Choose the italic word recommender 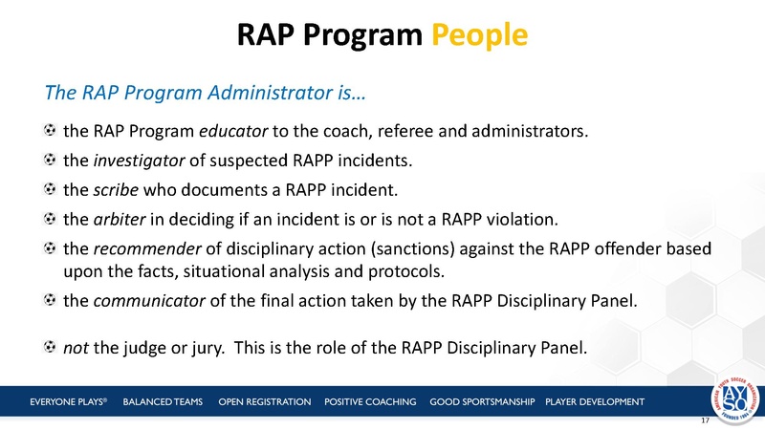142,249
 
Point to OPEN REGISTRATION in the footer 264,400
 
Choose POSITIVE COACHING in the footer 370,400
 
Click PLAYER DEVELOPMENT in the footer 594,400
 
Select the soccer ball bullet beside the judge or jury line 50,345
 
